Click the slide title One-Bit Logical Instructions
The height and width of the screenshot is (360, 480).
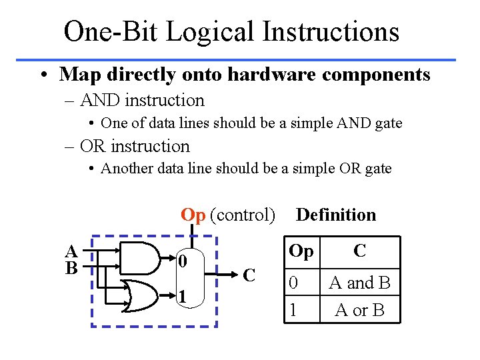click(231, 31)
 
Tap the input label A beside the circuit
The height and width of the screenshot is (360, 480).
click(70, 252)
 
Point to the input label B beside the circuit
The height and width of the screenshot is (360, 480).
click(70, 267)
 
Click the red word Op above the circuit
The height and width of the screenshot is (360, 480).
click(193, 215)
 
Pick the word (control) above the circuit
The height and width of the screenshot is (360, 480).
click(242, 215)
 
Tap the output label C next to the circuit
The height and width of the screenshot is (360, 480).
click(249, 275)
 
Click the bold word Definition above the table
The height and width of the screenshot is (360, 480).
click(336, 215)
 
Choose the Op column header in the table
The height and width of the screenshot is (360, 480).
click(301, 251)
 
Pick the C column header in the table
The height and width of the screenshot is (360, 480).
click(359, 251)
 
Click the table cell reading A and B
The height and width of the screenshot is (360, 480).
click(359, 283)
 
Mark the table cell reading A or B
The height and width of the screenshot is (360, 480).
click(359, 310)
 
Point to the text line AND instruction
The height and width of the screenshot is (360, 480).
click(141, 101)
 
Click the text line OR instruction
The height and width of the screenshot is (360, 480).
click(134, 146)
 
